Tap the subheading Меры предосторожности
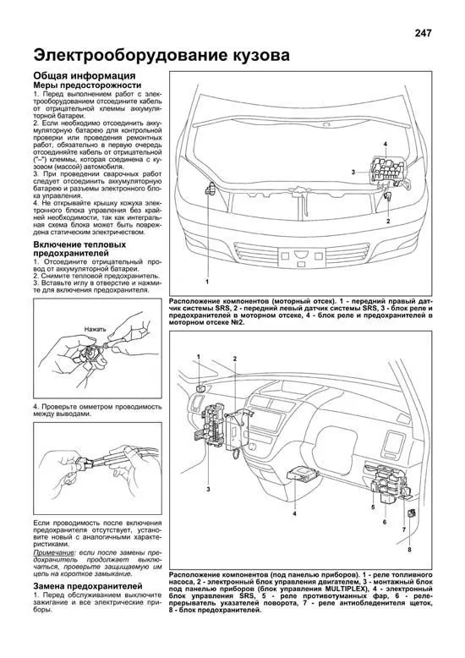[x=86, y=86]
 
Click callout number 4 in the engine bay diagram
[x=385, y=145]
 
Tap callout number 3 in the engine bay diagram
[x=354, y=172]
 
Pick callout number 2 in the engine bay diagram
[x=388, y=221]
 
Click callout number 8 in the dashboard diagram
[x=409, y=550]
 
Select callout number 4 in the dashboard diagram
[x=294, y=514]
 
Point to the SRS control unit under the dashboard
[x=303, y=474]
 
